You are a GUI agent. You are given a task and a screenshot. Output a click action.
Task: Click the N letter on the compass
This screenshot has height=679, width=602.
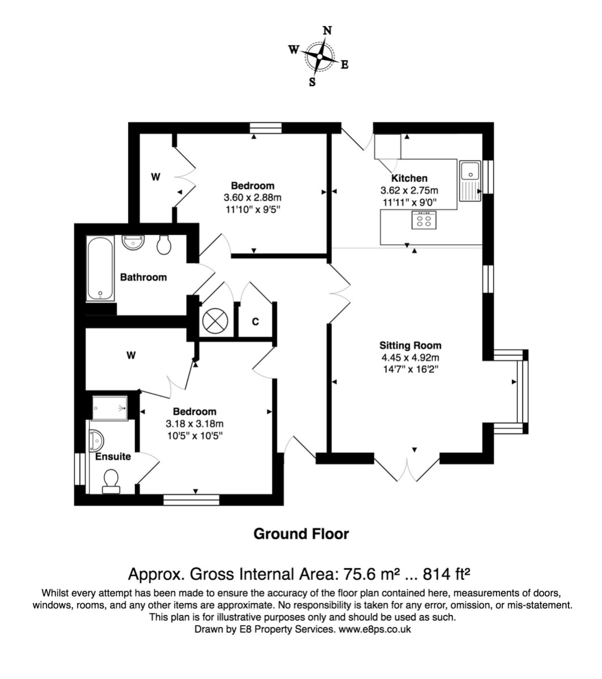pyautogui.click(x=327, y=31)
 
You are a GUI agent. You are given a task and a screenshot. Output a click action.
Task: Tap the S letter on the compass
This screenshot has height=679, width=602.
pyautogui.click(x=312, y=82)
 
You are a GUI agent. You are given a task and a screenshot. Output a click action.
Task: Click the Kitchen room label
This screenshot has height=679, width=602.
pyautogui.click(x=409, y=178)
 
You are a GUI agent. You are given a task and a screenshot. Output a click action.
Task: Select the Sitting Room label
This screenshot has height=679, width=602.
pyautogui.click(x=410, y=346)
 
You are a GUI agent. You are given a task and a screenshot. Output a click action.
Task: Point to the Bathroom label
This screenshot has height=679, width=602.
pyautogui.click(x=143, y=277)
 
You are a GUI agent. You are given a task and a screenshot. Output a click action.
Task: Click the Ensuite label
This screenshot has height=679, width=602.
pyautogui.click(x=113, y=457)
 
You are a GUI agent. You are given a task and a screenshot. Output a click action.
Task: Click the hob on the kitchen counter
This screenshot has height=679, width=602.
pyautogui.click(x=424, y=220)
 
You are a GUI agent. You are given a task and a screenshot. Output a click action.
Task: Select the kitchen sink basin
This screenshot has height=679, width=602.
pyautogui.click(x=470, y=170)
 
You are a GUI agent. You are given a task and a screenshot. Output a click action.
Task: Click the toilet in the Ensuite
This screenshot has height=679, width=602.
pyautogui.click(x=111, y=482)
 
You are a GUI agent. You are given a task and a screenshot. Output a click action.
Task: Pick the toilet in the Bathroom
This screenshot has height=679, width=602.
pyautogui.click(x=164, y=244)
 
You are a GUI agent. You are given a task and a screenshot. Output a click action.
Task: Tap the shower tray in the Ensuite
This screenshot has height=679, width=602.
pyautogui.click(x=110, y=408)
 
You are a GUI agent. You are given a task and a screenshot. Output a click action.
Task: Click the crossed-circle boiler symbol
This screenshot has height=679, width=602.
pyautogui.click(x=215, y=321)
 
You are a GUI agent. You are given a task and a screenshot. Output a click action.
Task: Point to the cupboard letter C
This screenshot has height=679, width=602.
pyautogui.click(x=255, y=322)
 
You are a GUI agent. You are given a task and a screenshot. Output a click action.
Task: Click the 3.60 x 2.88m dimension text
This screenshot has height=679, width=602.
pyautogui.click(x=252, y=197)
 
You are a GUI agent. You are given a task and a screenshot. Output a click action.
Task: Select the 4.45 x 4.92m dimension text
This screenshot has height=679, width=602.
pyautogui.click(x=410, y=358)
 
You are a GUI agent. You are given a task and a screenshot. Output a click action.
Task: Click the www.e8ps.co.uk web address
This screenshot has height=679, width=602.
pyautogui.click(x=374, y=629)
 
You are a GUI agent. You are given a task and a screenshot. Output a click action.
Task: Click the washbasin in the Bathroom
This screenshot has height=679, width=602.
pyautogui.click(x=133, y=242)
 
